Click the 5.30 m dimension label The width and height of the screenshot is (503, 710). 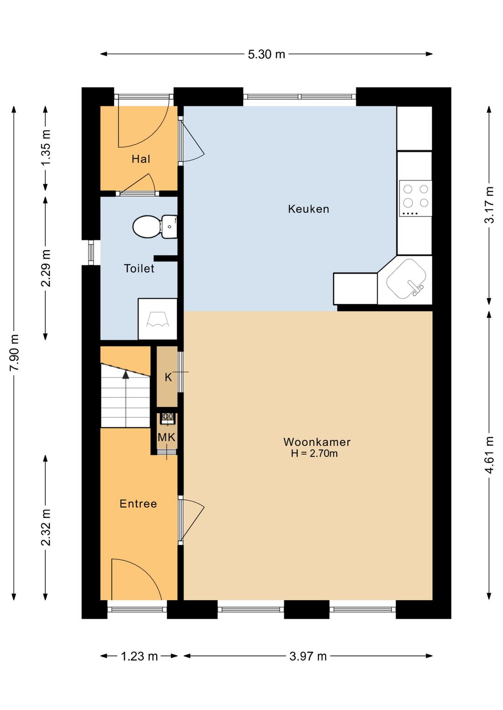(x=266, y=54)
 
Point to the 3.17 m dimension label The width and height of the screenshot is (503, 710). (x=489, y=205)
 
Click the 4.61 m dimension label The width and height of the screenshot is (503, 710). (x=489, y=455)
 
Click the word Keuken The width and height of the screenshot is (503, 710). (x=308, y=209)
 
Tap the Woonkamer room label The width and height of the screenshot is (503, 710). (x=317, y=442)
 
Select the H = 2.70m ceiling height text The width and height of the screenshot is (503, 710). (x=314, y=454)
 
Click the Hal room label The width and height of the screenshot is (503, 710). (x=141, y=159)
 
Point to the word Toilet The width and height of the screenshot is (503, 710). (x=139, y=268)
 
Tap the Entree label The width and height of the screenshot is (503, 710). (x=138, y=504)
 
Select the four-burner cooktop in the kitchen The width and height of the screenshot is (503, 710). (x=415, y=198)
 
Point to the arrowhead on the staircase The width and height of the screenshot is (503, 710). (x=126, y=375)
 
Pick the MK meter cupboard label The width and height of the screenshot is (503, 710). (x=167, y=438)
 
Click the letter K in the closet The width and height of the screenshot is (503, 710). (x=168, y=377)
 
